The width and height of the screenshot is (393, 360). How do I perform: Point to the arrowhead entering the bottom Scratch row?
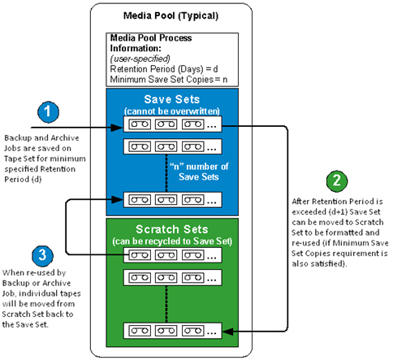(x=227, y=329)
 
